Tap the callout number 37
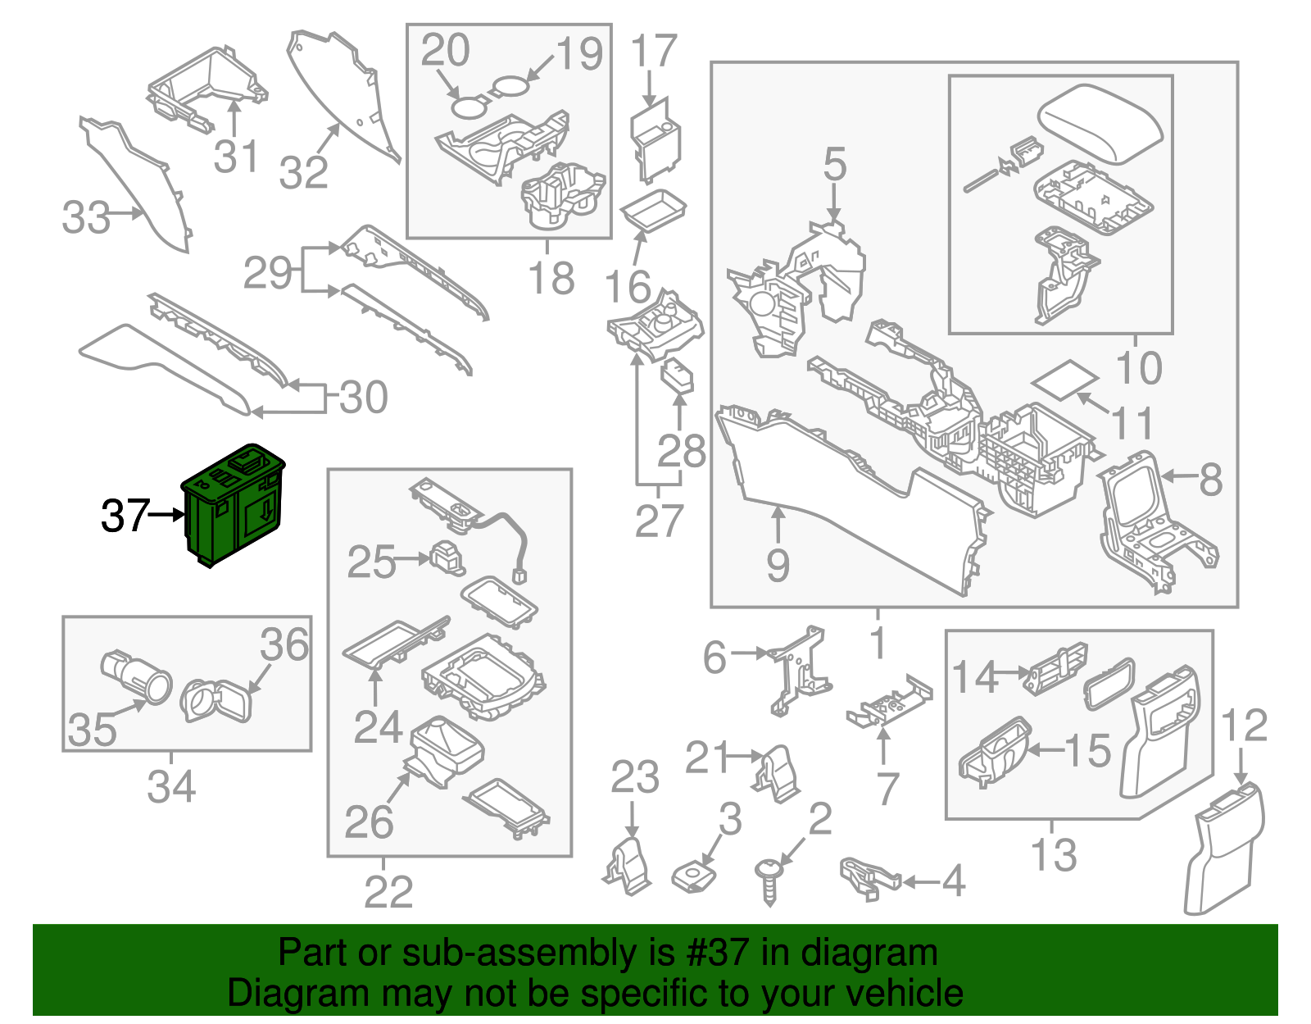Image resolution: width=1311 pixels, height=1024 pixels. click(125, 517)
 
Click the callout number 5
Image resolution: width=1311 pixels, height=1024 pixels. click(834, 165)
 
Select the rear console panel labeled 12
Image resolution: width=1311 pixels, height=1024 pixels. click(1224, 849)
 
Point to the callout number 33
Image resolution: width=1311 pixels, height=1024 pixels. click(85, 218)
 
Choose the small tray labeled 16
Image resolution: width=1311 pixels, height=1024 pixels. click(653, 210)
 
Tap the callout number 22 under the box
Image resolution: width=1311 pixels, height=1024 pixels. click(388, 892)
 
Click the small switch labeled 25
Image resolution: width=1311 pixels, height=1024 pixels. click(447, 558)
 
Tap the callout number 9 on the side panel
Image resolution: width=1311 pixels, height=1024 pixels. click(778, 565)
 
